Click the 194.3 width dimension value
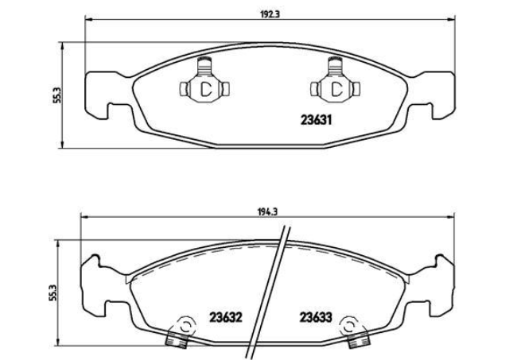tap(267, 211)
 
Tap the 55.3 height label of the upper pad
tap(56, 95)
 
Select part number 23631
tap(316, 120)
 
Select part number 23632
tap(226, 318)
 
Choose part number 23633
tap(316, 318)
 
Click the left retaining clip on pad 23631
tap(204, 81)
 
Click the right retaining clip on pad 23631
tap(336, 81)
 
